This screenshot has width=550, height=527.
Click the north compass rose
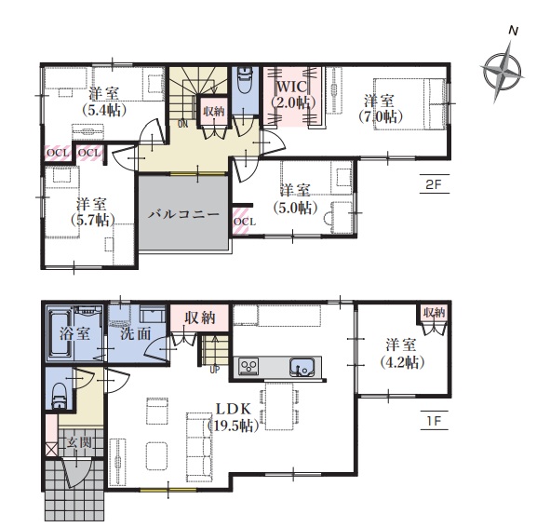click(502, 72)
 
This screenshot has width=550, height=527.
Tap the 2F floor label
click(435, 184)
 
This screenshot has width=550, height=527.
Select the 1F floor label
click(435, 420)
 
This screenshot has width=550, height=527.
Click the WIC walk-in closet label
click(292, 87)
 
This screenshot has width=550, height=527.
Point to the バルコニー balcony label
click(183, 214)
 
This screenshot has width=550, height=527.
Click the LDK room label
click(233, 409)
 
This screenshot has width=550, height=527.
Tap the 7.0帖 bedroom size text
click(379, 116)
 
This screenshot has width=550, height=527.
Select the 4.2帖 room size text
click(403, 362)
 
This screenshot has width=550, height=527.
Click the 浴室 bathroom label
click(74, 333)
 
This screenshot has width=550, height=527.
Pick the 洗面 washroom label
click(135, 333)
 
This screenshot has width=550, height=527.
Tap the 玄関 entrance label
click(80, 443)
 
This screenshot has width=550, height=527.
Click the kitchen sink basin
click(301, 368)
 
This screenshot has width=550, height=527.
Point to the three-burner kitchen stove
click(248, 367)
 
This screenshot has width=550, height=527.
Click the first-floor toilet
click(59, 396)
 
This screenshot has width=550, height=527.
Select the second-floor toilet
click(245, 80)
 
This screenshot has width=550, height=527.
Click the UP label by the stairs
click(215, 370)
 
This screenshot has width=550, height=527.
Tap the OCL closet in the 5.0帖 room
click(241, 222)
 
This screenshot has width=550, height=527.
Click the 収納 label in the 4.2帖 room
click(435, 312)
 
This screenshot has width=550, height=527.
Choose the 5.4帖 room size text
click(104, 111)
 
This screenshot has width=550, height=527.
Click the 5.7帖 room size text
click(93, 221)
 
